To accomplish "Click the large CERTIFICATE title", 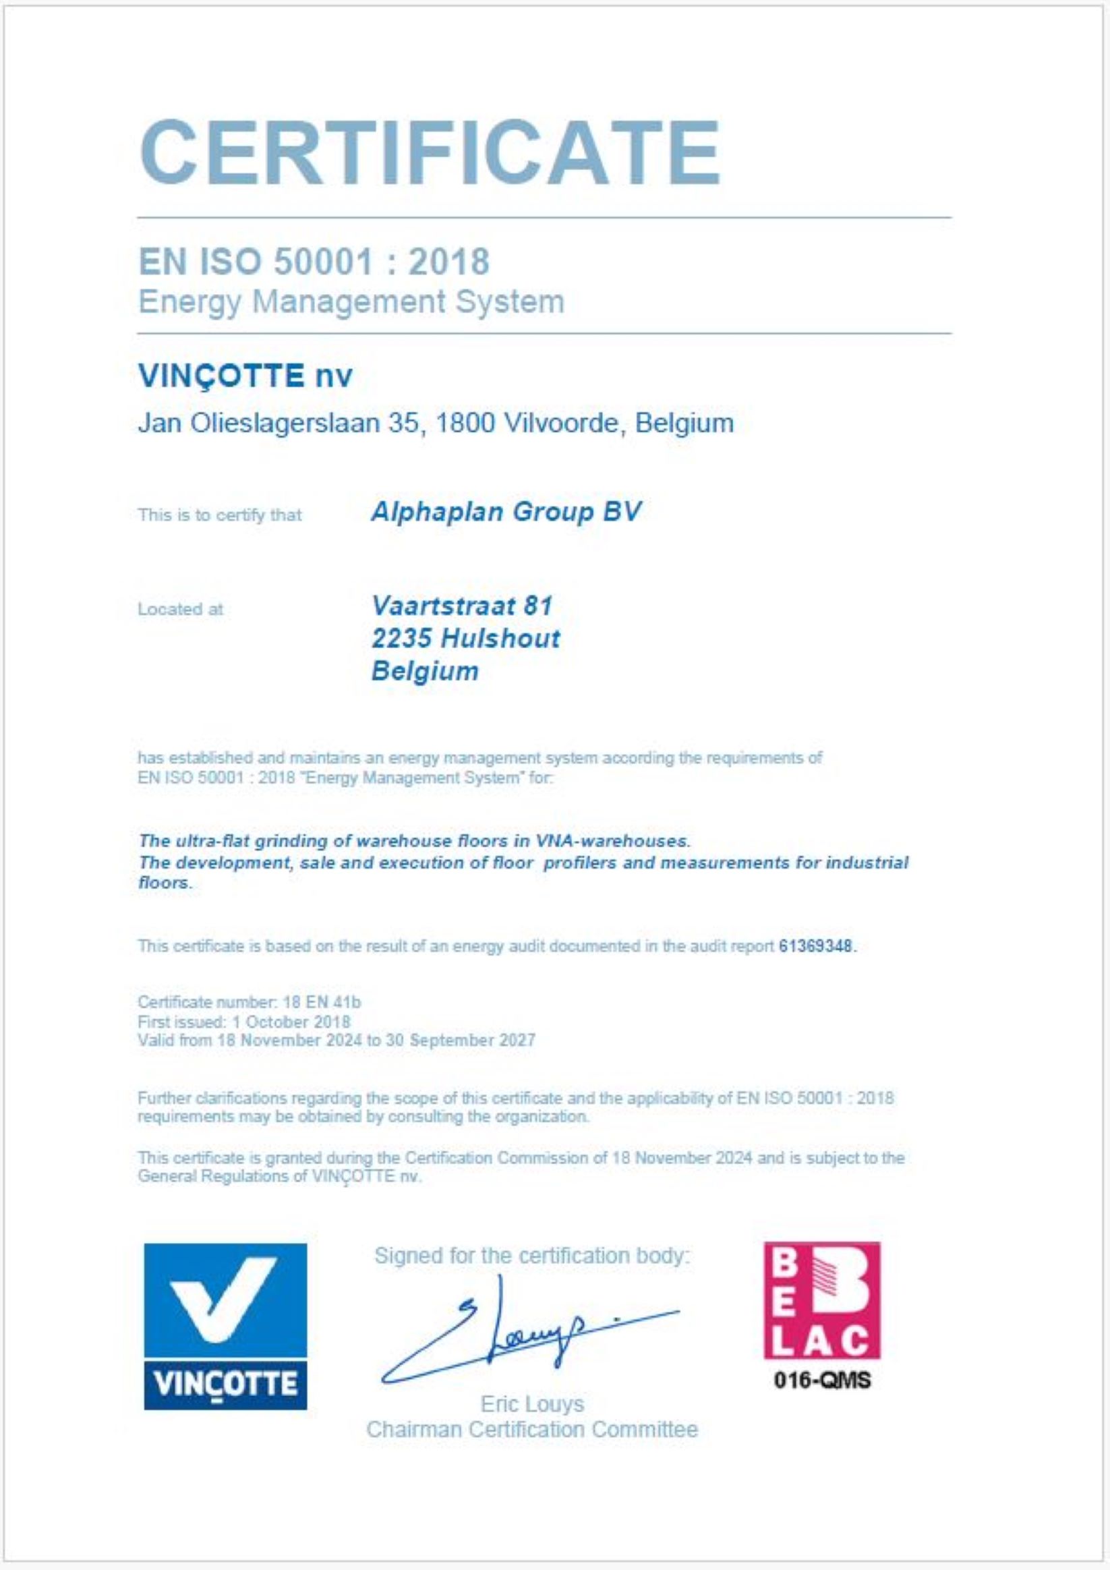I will (430, 152).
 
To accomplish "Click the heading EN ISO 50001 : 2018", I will (314, 261).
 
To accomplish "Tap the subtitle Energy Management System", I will (351, 301).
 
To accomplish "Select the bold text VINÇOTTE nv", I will (245, 376).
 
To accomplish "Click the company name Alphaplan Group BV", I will (505, 512).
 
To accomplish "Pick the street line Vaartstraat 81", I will (462, 605).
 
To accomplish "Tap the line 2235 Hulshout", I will (465, 638).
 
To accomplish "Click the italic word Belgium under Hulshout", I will (425, 671).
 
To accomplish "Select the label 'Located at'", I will (181, 609).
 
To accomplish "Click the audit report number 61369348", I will (816, 946).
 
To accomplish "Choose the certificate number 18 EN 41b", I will (322, 1002).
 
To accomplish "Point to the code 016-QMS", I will (822, 1380).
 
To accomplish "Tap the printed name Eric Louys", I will (532, 1404).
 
